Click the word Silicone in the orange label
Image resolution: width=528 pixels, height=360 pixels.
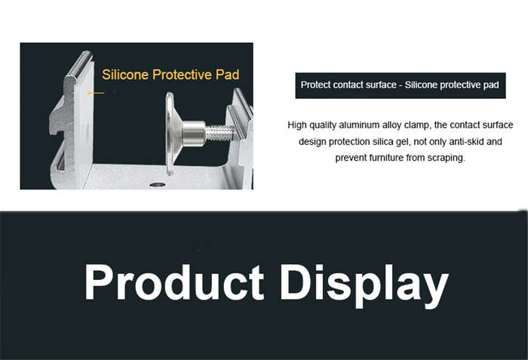click(x=125, y=75)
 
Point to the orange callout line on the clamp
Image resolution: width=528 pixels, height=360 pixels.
click(x=96, y=93)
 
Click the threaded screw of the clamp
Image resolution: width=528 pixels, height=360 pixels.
click(x=219, y=132)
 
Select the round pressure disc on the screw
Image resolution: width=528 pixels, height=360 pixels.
click(x=170, y=134)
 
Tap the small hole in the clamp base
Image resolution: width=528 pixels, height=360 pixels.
click(x=157, y=184)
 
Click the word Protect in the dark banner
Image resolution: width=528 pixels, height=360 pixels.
click(x=315, y=85)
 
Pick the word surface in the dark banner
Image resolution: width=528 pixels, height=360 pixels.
click(x=381, y=85)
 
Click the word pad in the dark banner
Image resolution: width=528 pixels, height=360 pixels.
click(x=491, y=85)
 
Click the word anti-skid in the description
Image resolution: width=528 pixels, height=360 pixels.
click(x=466, y=142)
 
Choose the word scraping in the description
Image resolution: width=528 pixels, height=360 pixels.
click(x=447, y=158)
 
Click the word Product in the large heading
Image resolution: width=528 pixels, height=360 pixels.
click(x=174, y=282)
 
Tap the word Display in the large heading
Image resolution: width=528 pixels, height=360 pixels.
click(x=364, y=285)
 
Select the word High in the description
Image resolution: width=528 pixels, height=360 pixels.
click(x=297, y=125)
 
